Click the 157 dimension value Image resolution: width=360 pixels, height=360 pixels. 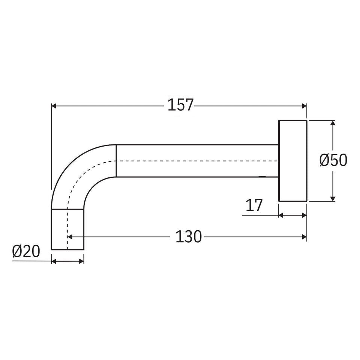(181, 105)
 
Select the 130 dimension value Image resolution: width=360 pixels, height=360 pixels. (189, 237)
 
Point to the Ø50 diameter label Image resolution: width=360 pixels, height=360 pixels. (333, 160)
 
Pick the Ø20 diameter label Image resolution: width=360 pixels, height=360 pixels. (26, 251)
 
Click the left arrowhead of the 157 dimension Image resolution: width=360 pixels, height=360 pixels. (54, 106)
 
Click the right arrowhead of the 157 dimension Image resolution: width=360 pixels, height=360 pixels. (304, 106)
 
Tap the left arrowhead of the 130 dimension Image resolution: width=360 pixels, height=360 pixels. (70, 237)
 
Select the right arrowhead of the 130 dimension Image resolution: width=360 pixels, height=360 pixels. (304, 237)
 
